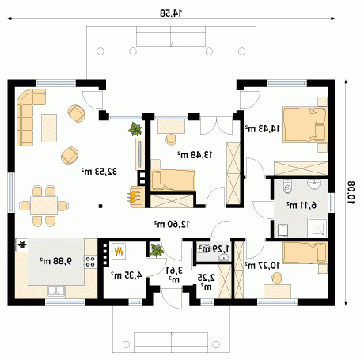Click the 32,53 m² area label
tap(99, 172)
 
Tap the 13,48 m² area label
tap(195, 155)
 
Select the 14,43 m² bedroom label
tap(263, 128)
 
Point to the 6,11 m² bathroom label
tap(301, 205)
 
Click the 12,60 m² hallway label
tap(172, 224)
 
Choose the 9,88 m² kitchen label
tap(56, 261)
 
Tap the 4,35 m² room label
tap(127, 275)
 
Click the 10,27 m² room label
tap(263, 266)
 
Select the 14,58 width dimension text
tap(171, 13)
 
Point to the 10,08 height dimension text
tap(351, 192)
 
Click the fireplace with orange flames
tap(136, 197)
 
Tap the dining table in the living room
tap(44, 206)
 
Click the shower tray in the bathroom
tap(317, 227)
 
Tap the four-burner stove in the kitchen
tap(90, 262)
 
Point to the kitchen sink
tap(56, 292)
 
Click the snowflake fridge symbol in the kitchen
tap(22, 245)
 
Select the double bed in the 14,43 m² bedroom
tap(305, 124)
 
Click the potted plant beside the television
tap(135, 129)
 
